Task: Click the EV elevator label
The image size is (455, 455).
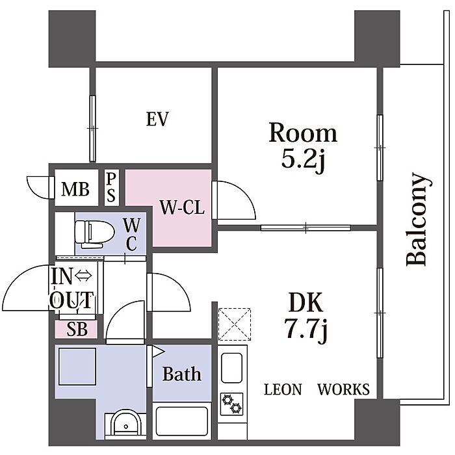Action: point(157,119)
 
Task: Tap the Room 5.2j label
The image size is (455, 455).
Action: point(303,148)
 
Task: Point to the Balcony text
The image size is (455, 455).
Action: point(418,220)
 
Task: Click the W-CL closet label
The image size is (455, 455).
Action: point(182,207)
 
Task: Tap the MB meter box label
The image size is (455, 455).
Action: point(75,189)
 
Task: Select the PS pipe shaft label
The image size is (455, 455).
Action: point(111,187)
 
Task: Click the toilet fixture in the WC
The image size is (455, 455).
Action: point(94,234)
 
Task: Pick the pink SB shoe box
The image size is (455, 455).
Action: point(76,329)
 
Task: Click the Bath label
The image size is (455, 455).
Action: point(182,374)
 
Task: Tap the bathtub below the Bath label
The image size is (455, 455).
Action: point(182,421)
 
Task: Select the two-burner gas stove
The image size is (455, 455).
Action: point(231,404)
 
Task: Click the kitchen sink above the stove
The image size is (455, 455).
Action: point(231,368)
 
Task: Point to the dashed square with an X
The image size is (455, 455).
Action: point(235,324)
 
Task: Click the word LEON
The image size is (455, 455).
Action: point(283,389)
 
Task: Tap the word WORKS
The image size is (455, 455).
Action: point(344,389)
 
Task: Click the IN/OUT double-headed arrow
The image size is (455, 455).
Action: point(84,276)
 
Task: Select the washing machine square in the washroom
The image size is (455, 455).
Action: point(77,367)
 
